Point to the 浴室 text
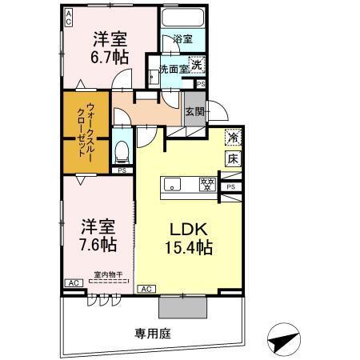click(182, 38)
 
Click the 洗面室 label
click(174, 70)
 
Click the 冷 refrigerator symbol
click(232, 138)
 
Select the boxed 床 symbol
click(232, 158)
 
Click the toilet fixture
click(122, 150)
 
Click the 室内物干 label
click(108, 274)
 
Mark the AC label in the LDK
click(146, 288)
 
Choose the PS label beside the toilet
click(122, 170)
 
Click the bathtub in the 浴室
click(183, 19)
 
